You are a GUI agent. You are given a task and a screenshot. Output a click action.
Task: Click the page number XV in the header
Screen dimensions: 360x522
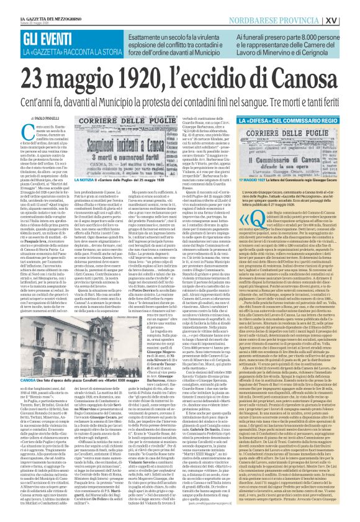click(x=349, y=5)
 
